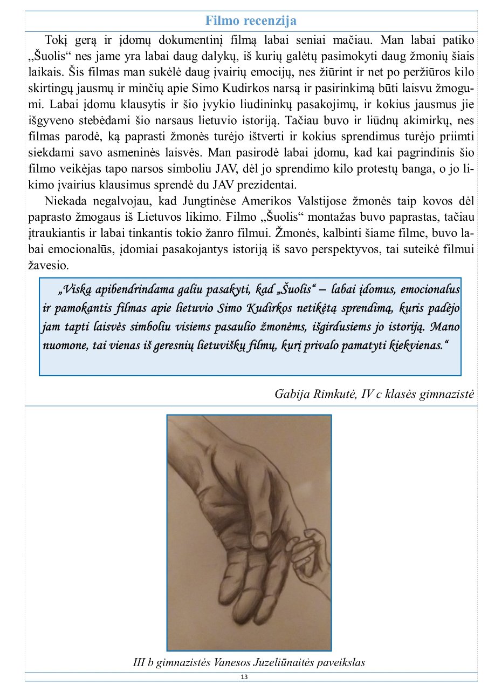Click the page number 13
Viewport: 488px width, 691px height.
[244, 677]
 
